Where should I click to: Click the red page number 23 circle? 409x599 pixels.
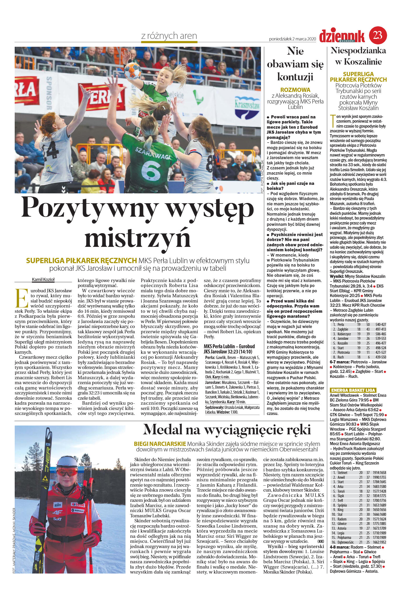[378, 34]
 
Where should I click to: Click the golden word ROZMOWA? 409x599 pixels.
[295, 90]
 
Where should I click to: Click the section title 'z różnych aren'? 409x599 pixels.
[169, 36]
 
